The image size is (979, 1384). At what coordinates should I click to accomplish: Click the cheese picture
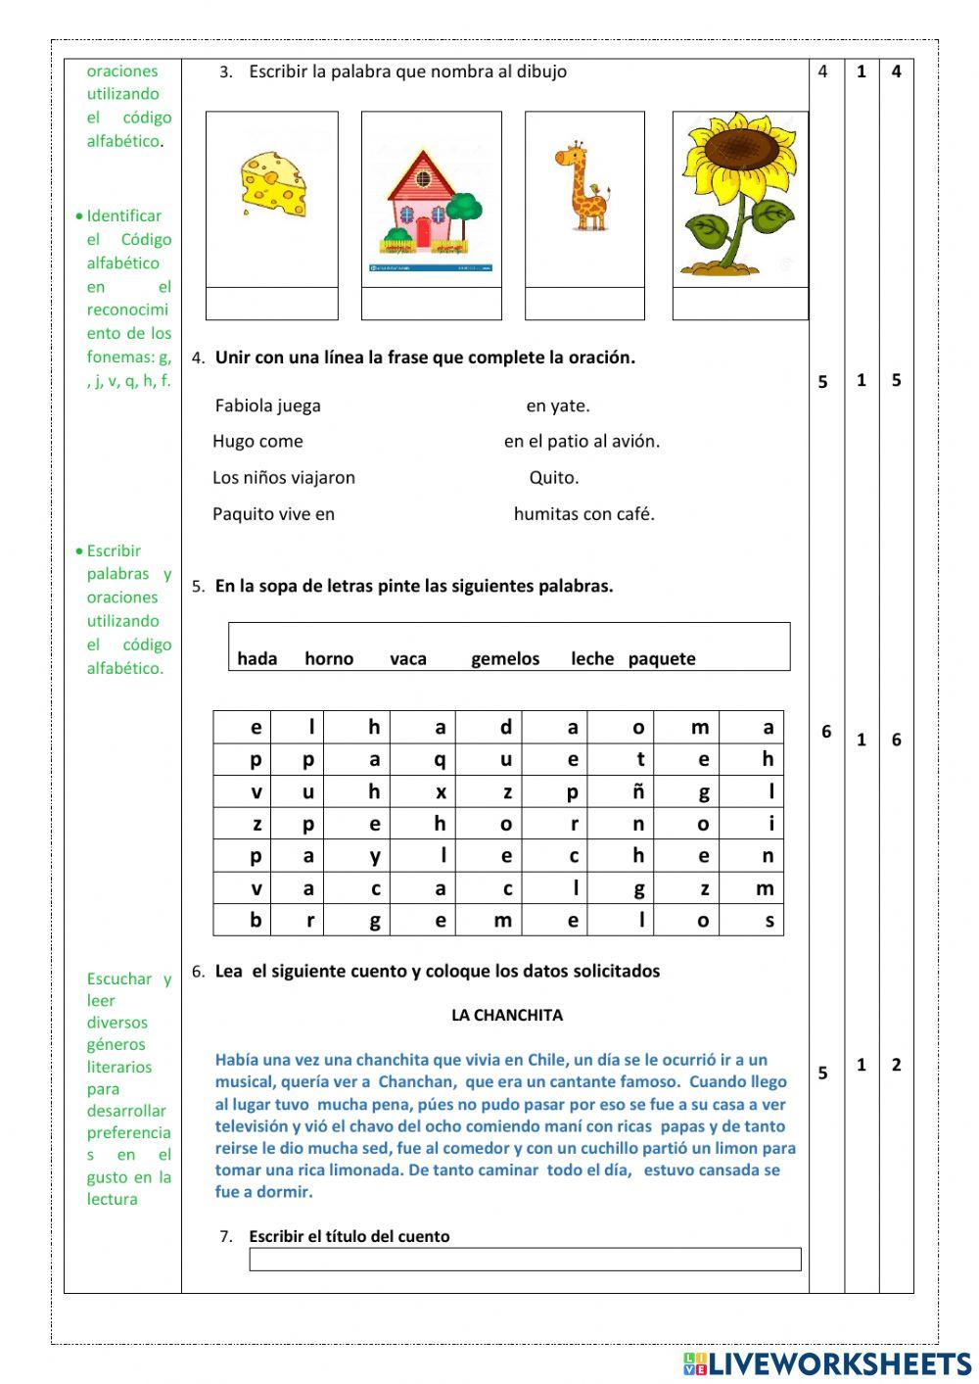(274, 185)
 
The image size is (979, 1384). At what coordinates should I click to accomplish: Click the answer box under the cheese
(272, 304)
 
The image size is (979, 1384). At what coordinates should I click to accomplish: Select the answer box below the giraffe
(584, 304)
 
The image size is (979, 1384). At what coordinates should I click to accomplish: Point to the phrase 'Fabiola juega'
(267, 406)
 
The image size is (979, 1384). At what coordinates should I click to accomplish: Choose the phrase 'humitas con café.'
(583, 513)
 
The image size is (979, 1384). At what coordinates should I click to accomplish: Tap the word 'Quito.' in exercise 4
(554, 478)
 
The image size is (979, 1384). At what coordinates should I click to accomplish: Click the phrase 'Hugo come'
(257, 442)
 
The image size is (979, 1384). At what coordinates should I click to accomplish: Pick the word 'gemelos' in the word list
(505, 659)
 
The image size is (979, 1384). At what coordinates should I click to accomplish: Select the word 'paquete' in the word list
(662, 659)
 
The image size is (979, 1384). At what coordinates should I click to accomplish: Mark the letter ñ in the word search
(638, 791)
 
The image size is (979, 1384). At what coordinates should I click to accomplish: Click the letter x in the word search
(441, 791)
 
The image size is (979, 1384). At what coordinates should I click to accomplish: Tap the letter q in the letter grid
(440, 759)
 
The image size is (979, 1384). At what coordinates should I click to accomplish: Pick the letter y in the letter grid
(375, 856)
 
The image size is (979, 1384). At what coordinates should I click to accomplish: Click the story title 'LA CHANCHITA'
(506, 1015)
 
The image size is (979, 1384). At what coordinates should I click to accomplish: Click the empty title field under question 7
(525, 1260)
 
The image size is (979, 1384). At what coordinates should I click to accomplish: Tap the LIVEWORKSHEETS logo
(827, 1363)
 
